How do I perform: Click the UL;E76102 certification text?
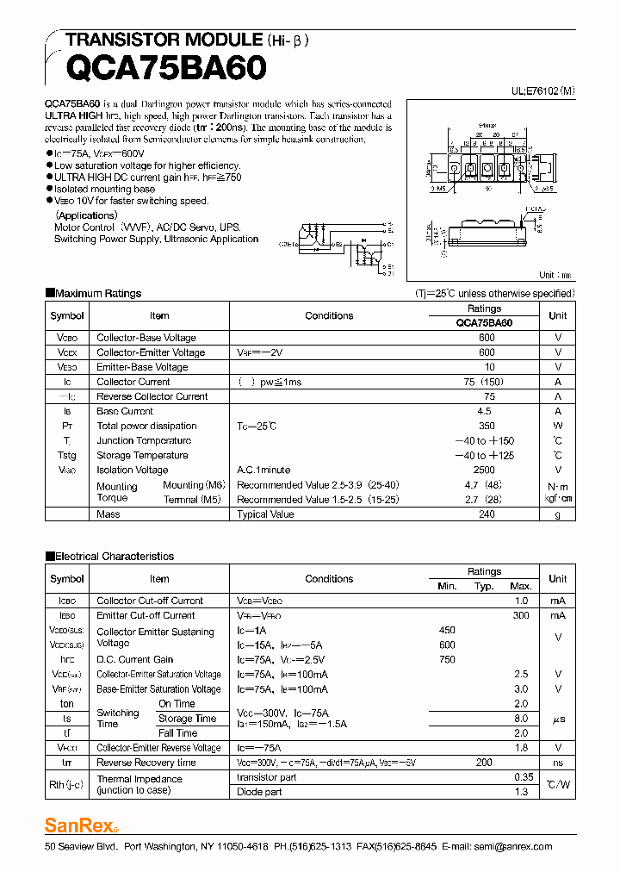pos(542,90)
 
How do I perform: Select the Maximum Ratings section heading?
pos(97,293)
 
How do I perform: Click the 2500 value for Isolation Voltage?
pos(484,470)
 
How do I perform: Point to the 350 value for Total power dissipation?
pos(487,426)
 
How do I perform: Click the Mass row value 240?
pos(487,514)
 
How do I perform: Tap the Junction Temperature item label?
pos(144,440)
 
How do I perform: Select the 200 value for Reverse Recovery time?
pos(484,763)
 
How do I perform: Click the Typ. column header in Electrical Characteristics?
pos(484,586)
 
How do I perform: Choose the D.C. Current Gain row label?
pos(134,659)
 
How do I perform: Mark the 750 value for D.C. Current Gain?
pos(447,659)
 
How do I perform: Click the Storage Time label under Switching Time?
pos(187,719)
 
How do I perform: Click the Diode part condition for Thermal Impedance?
pos(259,792)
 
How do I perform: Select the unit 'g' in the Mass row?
pos(557,514)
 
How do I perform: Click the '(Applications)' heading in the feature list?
pos(86,215)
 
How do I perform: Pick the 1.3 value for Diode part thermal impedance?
pos(520,792)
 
